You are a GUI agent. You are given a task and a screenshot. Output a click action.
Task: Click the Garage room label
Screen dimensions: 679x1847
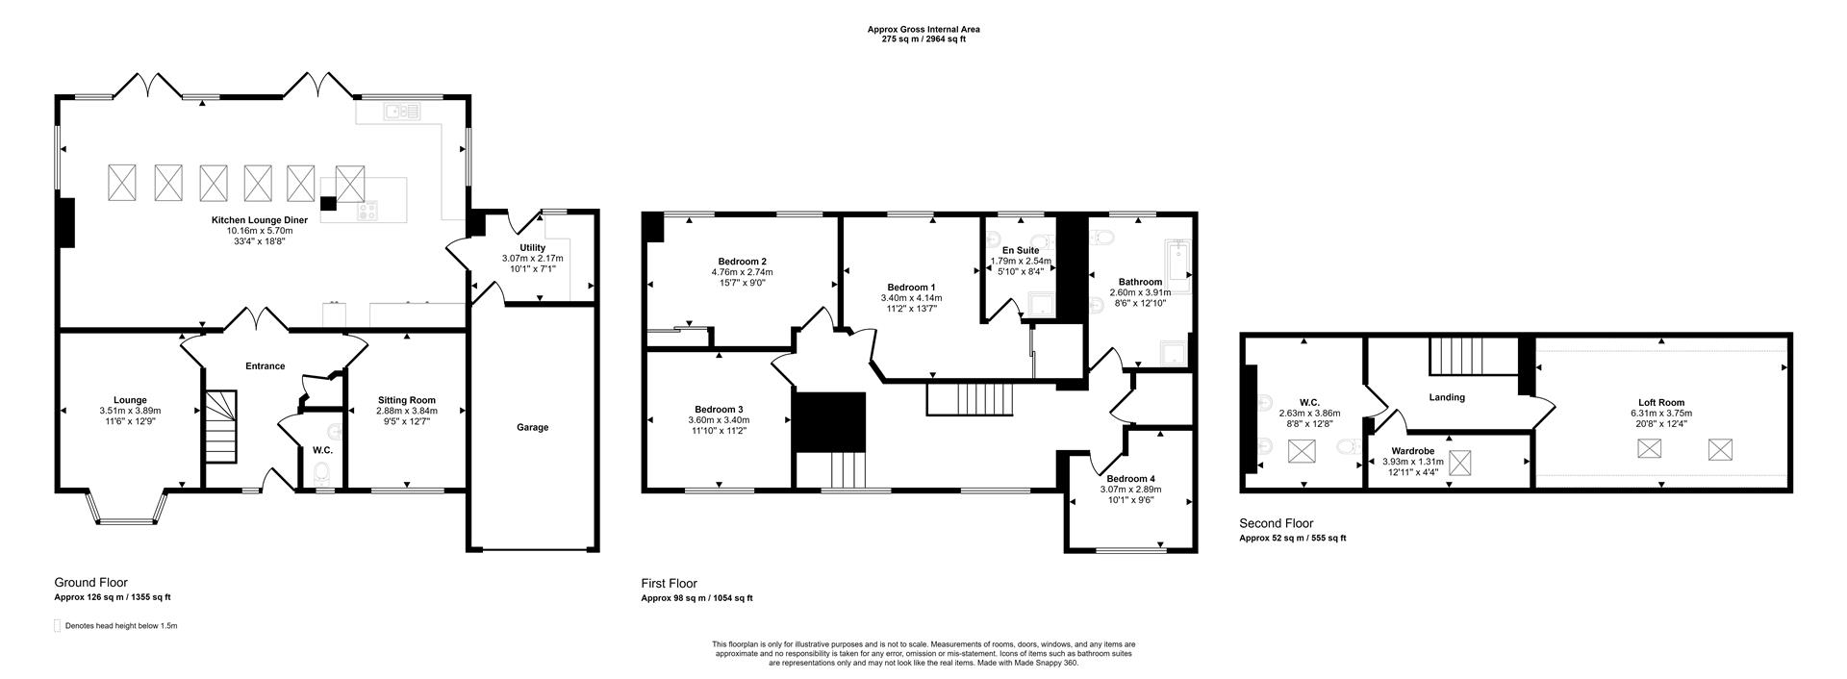click(x=532, y=427)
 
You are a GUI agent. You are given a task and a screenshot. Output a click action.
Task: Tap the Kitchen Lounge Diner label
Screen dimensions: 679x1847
click(x=260, y=220)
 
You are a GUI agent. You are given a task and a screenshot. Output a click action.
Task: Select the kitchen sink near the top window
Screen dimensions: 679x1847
click(x=403, y=113)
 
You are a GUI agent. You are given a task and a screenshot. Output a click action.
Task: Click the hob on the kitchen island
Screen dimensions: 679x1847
click(x=367, y=211)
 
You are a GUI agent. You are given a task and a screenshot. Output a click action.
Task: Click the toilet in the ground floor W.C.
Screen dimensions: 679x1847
click(x=322, y=472)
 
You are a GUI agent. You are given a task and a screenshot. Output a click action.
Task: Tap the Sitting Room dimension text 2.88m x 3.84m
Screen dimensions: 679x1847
click(x=406, y=411)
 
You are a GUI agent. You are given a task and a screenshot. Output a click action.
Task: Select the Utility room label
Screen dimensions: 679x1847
click(x=532, y=248)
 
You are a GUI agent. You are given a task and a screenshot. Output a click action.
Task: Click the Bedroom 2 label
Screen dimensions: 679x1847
click(x=742, y=262)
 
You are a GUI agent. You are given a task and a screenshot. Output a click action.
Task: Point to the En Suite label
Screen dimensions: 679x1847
click(x=1020, y=250)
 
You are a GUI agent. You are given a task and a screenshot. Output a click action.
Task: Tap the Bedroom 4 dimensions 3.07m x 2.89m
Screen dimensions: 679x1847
click(x=1130, y=490)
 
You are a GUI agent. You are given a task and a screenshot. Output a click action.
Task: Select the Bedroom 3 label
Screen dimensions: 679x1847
click(x=719, y=409)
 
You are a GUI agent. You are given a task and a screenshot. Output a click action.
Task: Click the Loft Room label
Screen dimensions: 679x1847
click(x=1661, y=403)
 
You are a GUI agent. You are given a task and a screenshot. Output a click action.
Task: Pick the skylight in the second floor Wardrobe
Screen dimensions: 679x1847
click(x=1460, y=465)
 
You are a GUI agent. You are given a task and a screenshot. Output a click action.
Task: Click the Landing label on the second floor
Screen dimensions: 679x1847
click(x=1447, y=397)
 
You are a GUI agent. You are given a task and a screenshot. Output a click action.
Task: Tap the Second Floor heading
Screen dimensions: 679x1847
click(x=1277, y=523)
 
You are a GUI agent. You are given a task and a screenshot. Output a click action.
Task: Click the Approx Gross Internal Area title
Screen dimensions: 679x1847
click(x=923, y=30)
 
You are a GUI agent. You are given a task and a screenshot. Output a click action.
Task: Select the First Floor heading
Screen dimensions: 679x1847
click(x=669, y=583)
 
